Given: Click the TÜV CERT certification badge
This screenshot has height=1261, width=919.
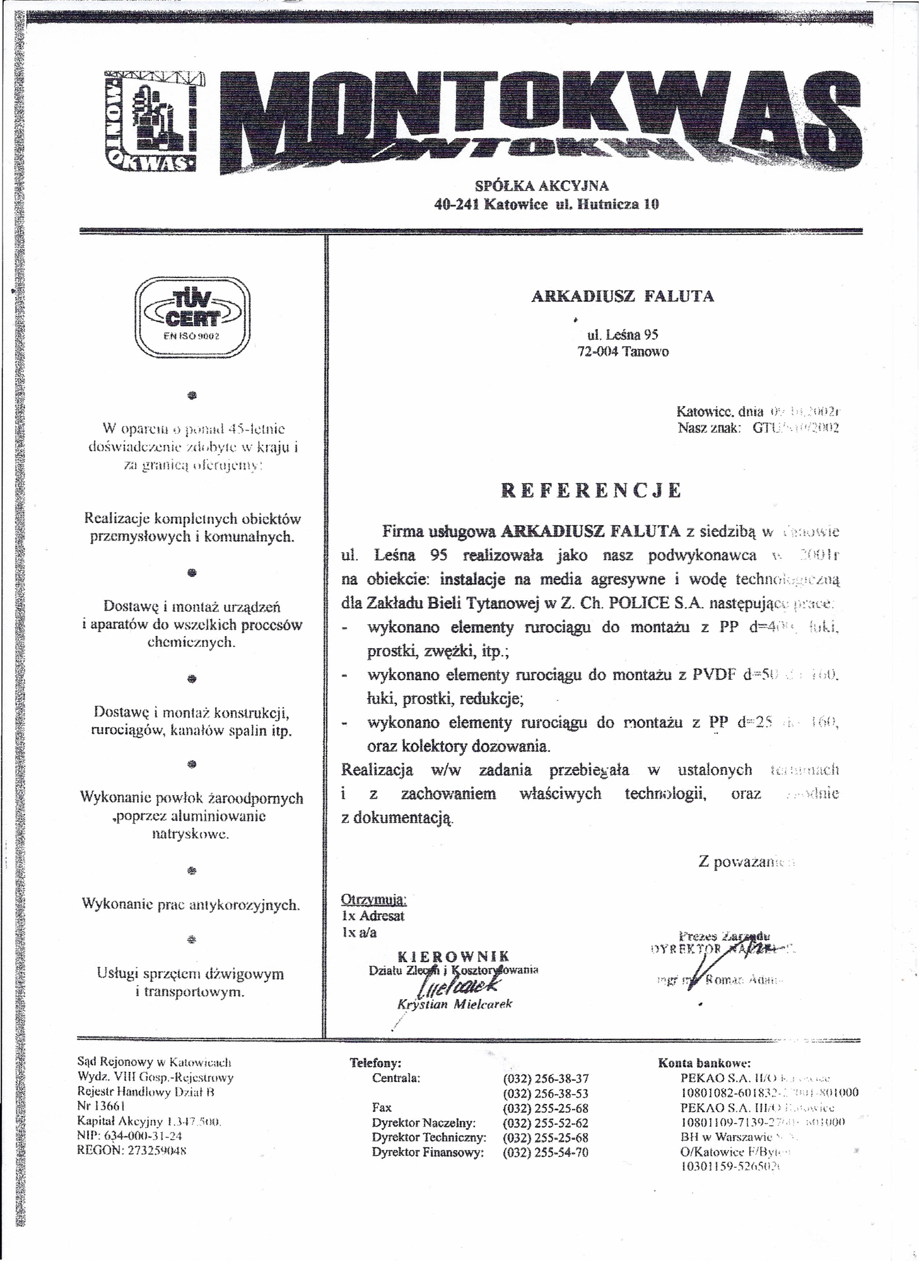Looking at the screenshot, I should click(x=193, y=318).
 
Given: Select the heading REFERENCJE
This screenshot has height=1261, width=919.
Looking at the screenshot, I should click(x=591, y=491).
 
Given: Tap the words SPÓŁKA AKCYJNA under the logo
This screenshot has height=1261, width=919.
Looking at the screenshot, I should click(x=541, y=186).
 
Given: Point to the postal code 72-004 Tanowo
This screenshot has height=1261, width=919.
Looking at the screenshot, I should click(x=623, y=352).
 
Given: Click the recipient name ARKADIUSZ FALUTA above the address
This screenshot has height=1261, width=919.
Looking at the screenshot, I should click(x=623, y=296).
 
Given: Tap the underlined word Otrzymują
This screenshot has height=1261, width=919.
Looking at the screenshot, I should click(x=373, y=899).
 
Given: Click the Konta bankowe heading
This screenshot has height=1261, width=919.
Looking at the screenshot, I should click(x=704, y=1063).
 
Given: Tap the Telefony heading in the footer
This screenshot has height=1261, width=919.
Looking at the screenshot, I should click(x=376, y=1063).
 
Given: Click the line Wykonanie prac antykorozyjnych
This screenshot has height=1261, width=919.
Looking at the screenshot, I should click(x=191, y=905).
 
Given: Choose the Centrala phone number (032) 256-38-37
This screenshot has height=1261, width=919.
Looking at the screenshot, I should click(x=545, y=1079).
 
